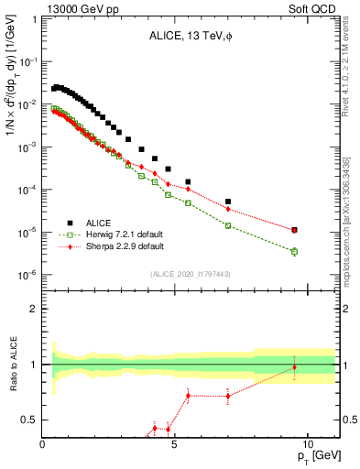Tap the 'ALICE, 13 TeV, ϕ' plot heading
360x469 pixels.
191,37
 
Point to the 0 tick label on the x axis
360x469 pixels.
43,443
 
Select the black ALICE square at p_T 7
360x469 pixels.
228,202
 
